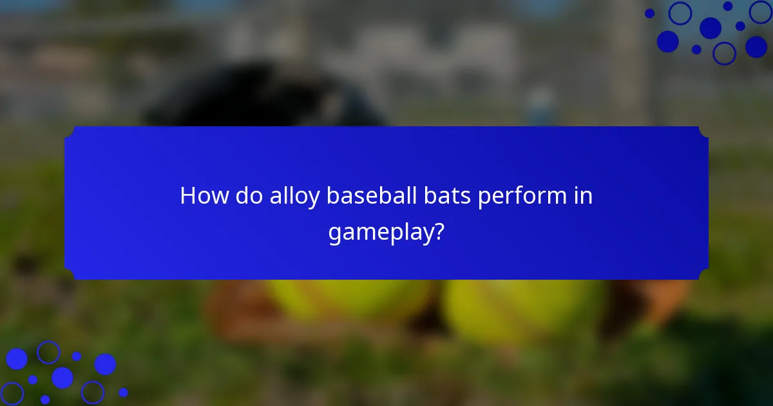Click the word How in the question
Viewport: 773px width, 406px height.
[202, 196]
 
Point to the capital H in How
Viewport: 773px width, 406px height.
[187, 196]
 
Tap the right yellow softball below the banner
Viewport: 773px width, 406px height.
[522, 309]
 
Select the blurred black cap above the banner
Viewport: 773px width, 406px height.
[258, 97]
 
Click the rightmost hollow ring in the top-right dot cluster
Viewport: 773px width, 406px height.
[761, 12]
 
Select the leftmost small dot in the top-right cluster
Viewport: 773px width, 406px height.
[649, 13]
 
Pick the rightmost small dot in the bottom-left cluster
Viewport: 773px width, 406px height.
[123, 392]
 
